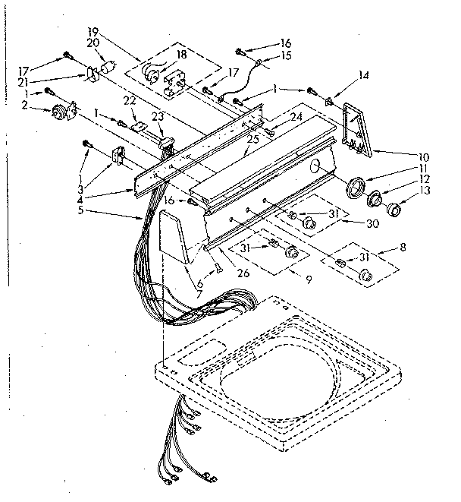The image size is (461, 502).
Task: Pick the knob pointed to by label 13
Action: pos(393,210)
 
